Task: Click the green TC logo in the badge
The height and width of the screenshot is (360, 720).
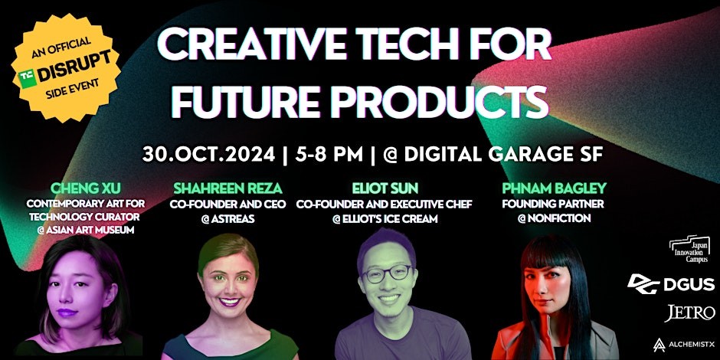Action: pos(28,78)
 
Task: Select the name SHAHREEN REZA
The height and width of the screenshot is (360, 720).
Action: pos(227,188)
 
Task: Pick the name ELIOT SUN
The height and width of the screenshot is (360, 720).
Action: pos(385,188)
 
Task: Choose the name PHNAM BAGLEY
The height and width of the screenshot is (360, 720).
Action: pos(555,188)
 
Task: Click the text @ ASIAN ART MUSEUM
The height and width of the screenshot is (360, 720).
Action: pos(85,230)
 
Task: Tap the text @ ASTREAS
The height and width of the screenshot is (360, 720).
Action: pos(227,219)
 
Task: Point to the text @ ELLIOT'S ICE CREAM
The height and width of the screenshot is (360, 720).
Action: pos(385,219)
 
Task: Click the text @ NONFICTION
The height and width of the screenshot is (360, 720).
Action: pos(554,219)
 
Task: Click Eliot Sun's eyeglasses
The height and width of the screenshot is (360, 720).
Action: pos(387,274)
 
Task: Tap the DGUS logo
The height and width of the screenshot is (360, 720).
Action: pos(670,283)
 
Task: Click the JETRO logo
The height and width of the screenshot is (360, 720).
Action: pos(689,313)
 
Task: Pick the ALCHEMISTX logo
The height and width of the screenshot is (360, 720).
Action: pos(683,345)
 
